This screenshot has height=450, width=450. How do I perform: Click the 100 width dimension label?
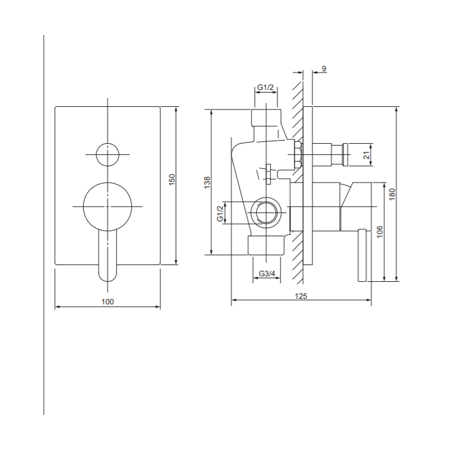(x=107, y=302)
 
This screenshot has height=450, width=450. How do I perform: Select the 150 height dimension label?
(x=172, y=179)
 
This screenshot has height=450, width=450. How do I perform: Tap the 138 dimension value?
(x=207, y=182)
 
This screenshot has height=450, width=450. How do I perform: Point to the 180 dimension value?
(x=392, y=194)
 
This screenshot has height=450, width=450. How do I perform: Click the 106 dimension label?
(x=379, y=232)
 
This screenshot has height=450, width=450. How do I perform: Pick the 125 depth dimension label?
(x=301, y=296)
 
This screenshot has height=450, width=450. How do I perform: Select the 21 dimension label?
(x=366, y=155)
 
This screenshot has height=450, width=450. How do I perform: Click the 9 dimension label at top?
(x=324, y=69)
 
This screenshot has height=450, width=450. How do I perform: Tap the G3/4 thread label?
(x=267, y=274)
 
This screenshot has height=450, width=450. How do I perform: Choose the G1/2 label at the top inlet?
(x=266, y=87)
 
